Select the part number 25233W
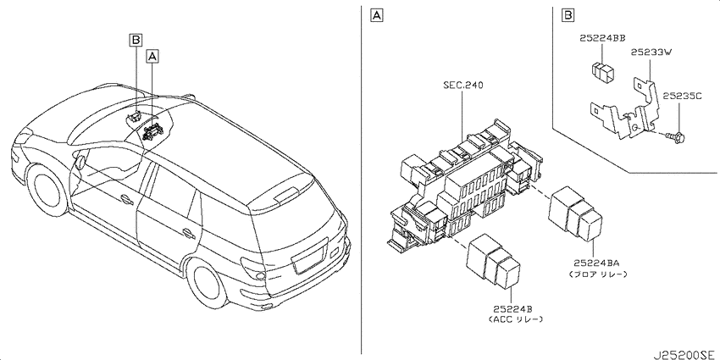[x=651, y=53]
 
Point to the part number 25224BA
[x=596, y=263]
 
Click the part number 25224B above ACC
[x=516, y=308]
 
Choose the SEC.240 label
[x=462, y=85]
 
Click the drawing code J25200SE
[x=685, y=354]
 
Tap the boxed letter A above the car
[x=152, y=57]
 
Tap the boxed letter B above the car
[x=136, y=41]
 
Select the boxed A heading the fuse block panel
[x=377, y=16]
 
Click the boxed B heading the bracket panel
[x=568, y=16]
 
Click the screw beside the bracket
[x=675, y=136]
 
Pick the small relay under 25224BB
[x=602, y=70]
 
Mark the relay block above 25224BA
[x=575, y=213]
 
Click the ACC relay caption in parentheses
[x=516, y=319]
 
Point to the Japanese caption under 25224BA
[x=597, y=274]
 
